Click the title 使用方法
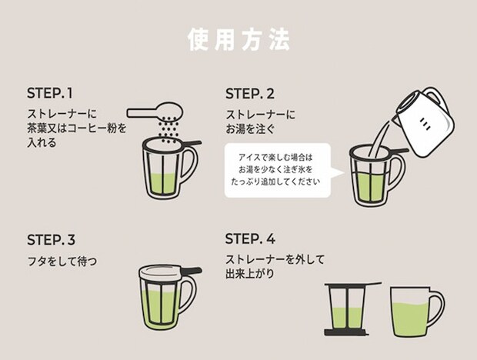click(x=239, y=40)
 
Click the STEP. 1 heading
click(x=49, y=94)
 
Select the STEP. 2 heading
click(x=250, y=94)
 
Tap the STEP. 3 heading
click(x=51, y=239)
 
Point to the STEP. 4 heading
click(x=251, y=239)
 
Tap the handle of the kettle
click(x=435, y=99)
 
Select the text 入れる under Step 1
click(x=41, y=142)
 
